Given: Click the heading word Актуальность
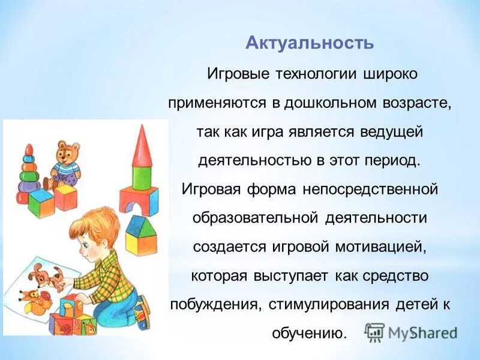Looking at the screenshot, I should click(310, 44).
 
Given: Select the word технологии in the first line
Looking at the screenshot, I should click(313, 74).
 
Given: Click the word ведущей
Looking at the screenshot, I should click(394, 131).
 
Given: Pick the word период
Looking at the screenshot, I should click(392, 160).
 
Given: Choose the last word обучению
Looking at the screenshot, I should click(309, 332).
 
